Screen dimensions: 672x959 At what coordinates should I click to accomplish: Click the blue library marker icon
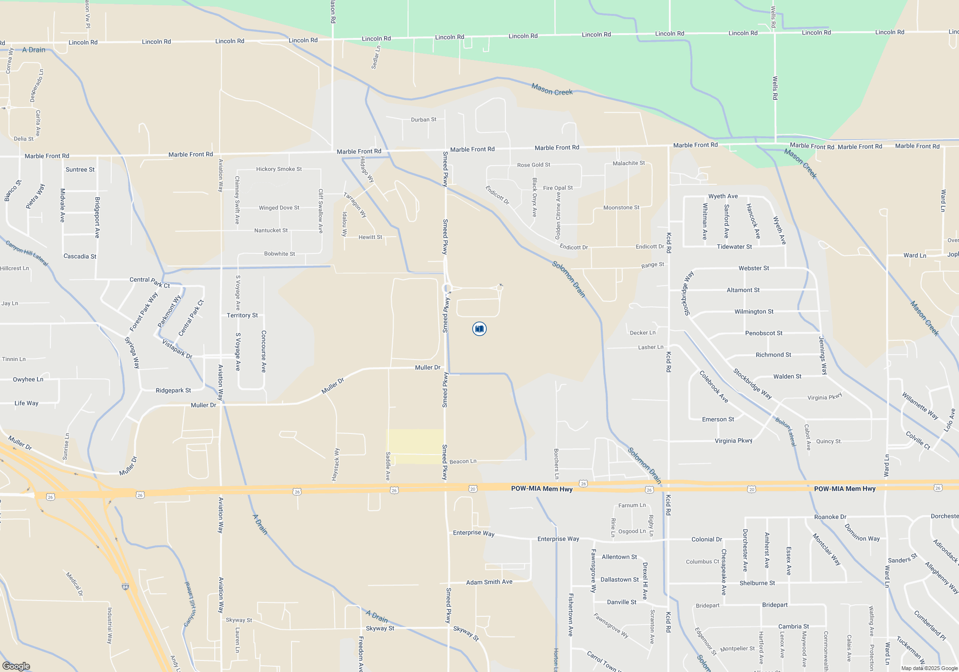click(x=479, y=329)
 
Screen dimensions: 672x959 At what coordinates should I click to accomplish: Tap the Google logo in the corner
click(x=16, y=666)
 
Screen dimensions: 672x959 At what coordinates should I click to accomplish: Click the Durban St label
click(x=423, y=120)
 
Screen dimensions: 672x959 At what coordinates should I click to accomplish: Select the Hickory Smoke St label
click(x=279, y=169)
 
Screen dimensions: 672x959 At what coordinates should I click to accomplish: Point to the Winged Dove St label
click(x=279, y=208)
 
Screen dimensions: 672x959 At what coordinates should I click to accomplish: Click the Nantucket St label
click(x=270, y=230)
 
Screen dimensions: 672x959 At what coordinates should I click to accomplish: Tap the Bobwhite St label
click(x=279, y=254)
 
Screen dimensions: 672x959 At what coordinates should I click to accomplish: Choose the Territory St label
click(x=242, y=315)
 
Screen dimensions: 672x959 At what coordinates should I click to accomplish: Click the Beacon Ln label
click(x=463, y=461)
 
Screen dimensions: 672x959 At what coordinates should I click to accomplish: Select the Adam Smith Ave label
click(x=489, y=582)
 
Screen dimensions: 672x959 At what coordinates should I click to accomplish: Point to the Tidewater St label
click(x=734, y=247)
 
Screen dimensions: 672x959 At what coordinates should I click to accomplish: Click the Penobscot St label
click(x=763, y=333)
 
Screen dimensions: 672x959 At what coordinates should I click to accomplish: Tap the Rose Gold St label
click(x=533, y=165)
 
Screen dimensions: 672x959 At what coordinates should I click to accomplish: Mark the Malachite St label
click(x=629, y=163)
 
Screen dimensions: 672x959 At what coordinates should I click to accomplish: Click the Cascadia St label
click(x=80, y=256)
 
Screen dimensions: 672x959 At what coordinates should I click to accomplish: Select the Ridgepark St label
click(x=173, y=391)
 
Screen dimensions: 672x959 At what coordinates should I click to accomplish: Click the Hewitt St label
click(x=370, y=237)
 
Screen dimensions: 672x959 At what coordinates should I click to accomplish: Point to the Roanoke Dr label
click(x=830, y=517)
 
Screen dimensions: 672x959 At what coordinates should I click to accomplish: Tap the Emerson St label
click(x=718, y=420)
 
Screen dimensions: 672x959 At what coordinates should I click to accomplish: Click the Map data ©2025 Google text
click(x=929, y=668)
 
